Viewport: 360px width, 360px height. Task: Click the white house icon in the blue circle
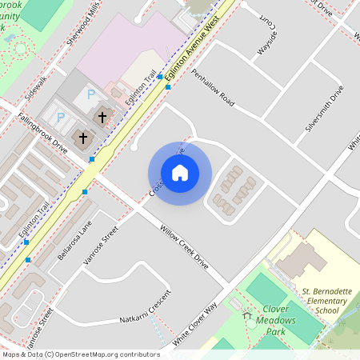[x=180, y=173]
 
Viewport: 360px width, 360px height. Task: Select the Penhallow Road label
[x=213, y=89]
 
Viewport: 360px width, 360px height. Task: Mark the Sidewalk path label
[x=35, y=85]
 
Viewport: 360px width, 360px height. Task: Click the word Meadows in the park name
[x=276, y=319]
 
